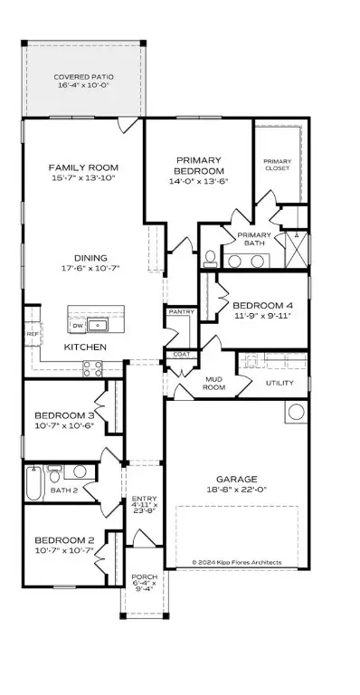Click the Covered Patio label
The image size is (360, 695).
[x=83, y=77]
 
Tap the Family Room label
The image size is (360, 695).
[x=83, y=167]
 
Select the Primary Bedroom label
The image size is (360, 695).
[x=199, y=165]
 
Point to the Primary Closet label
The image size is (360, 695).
[x=277, y=163]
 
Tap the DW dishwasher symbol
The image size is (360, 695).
[x=78, y=325]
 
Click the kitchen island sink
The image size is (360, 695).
[x=99, y=325]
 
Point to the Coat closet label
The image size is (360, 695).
[x=180, y=354]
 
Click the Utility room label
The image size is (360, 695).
[x=279, y=384]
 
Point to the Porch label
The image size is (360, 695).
[x=145, y=580]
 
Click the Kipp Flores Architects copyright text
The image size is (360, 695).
[x=236, y=562]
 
